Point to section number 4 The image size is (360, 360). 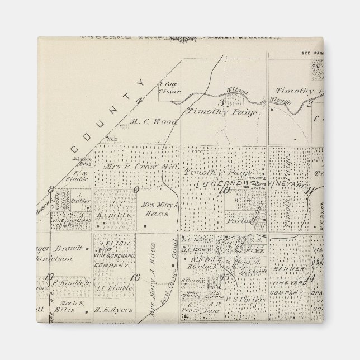(140, 101)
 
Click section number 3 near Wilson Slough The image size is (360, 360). (221, 102)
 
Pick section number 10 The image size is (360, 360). (226, 190)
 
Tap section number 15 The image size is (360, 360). (226, 277)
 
